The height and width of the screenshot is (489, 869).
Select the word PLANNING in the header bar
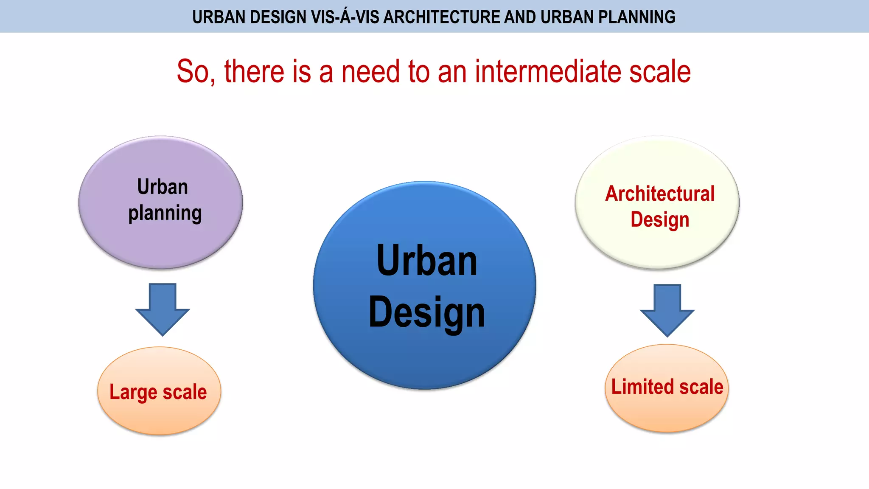point(636,17)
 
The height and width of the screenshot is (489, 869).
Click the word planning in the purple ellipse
point(165,214)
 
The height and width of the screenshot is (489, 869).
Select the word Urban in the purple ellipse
point(163,187)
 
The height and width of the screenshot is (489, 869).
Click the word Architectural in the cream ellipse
point(660,194)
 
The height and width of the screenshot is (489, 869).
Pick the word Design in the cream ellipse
point(660,220)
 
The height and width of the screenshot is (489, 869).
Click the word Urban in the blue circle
point(427,261)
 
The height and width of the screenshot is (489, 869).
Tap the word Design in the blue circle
point(427,313)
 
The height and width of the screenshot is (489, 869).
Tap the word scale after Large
point(185,392)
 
